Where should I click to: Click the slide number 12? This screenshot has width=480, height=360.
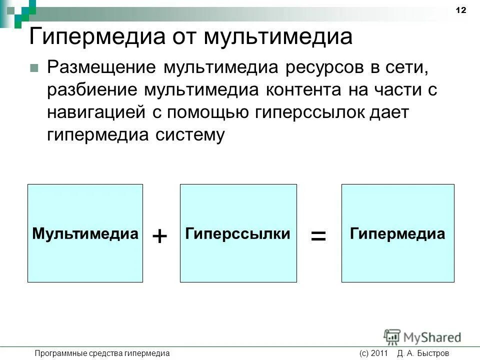pyautogui.click(x=460, y=10)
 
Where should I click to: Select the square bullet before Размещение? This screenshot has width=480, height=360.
pyautogui.click(x=34, y=68)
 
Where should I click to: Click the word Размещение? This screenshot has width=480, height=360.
pyautogui.click(x=100, y=67)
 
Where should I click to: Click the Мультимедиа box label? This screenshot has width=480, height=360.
pyautogui.click(x=85, y=233)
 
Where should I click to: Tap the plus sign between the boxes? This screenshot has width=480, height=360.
pyautogui.click(x=159, y=236)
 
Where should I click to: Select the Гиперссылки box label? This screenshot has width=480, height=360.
pyautogui.click(x=238, y=233)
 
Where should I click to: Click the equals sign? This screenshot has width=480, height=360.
pyautogui.click(x=318, y=236)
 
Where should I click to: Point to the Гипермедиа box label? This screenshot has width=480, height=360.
pyautogui.click(x=397, y=233)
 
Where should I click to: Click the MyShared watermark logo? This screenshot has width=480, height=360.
pyautogui.click(x=422, y=337)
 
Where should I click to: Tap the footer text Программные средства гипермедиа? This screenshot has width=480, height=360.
pyautogui.click(x=102, y=353)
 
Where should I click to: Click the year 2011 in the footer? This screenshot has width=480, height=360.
pyautogui.click(x=380, y=353)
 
